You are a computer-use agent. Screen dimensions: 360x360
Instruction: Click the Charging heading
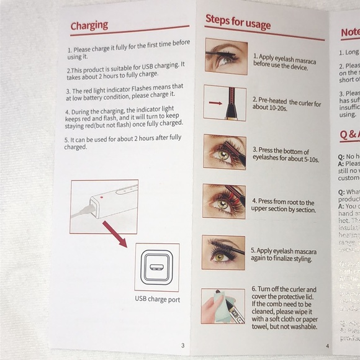[x=89, y=25]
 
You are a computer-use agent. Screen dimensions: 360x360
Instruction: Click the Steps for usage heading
[x=238, y=22]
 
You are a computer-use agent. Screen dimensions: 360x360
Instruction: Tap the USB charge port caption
[x=157, y=299]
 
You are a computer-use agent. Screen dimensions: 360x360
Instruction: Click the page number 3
[x=182, y=345]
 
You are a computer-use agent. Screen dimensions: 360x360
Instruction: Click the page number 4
[x=327, y=346]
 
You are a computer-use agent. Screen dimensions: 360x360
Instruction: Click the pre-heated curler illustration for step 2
[x=225, y=102]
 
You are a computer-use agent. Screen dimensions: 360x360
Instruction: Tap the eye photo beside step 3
[x=224, y=151]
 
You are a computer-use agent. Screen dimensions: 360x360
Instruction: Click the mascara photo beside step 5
[x=223, y=252]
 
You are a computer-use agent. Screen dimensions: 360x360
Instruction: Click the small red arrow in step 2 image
[x=215, y=102]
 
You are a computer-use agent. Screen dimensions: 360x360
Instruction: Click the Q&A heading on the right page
[x=349, y=135]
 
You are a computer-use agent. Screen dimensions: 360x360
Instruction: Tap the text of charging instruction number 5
[x=122, y=143]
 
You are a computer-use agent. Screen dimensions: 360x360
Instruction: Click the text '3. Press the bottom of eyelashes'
[x=285, y=155]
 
